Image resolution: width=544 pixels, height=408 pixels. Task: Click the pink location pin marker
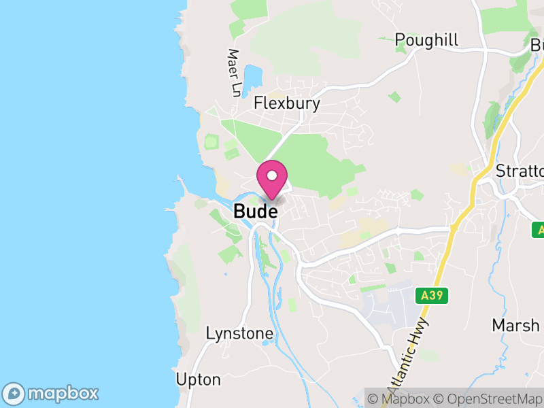tap(272, 180)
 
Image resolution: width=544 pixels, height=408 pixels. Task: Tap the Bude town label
tap(255, 211)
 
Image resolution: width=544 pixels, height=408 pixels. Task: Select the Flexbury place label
tap(286, 103)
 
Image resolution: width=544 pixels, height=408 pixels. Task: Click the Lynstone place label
tap(239, 334)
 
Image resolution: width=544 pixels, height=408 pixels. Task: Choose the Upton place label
tap(198, 379)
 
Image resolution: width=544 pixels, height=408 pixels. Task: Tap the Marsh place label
tap(515, 325)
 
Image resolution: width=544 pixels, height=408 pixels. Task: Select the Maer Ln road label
tap(235, 71)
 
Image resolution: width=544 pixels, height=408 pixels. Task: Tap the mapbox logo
tap(52, 393)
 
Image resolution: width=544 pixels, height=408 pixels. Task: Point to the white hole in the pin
tap(272, 175)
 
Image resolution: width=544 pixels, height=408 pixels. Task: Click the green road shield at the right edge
tap(539, 230)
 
